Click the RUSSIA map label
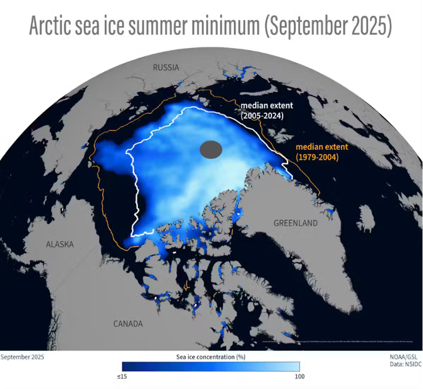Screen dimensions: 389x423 coord(166,67)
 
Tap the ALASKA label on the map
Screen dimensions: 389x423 coord(60,244)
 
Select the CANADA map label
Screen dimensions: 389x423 coord(128,324)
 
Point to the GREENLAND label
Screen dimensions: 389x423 coord(295,223)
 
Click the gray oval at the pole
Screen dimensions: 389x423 coord(211,150)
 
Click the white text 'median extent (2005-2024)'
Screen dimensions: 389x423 coord(266,110)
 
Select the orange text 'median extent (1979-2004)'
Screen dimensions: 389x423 coord(321,152)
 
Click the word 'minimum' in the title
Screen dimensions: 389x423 coord(225,25)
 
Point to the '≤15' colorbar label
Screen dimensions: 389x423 coord(122,376)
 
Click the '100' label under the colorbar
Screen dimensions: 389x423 coord(299,376)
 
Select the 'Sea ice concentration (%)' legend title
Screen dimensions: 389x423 coord(211,357)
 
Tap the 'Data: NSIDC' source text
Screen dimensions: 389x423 coord(405,364)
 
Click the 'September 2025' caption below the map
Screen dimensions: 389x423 coord(22,357)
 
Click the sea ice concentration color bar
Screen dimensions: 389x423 coord(211,366)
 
